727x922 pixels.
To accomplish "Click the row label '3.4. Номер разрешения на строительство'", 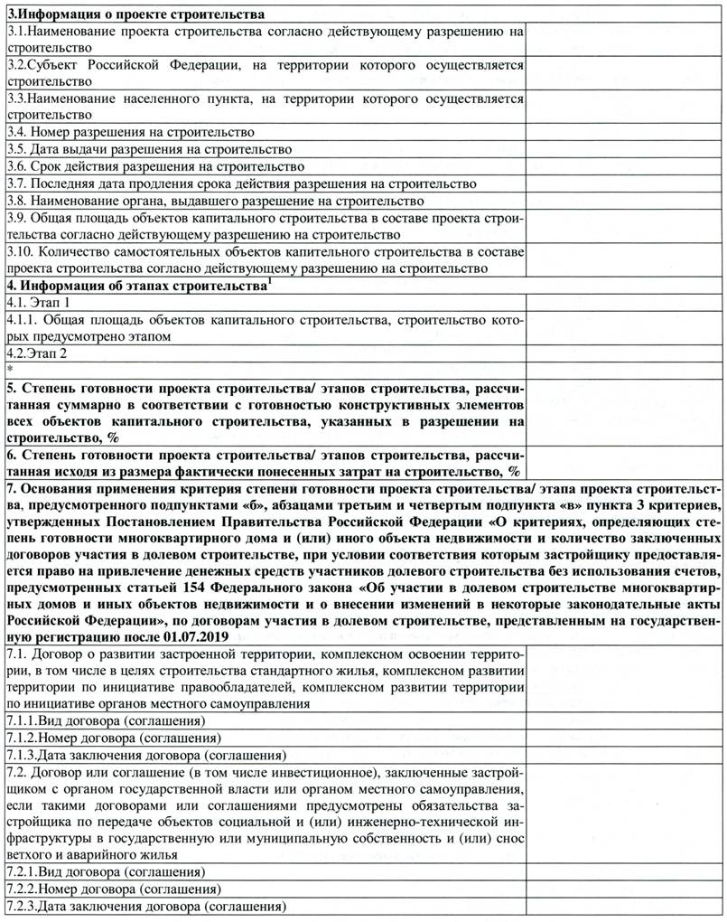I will [x=130, y=132].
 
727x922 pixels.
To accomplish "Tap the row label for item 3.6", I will [x=154, y=166].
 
